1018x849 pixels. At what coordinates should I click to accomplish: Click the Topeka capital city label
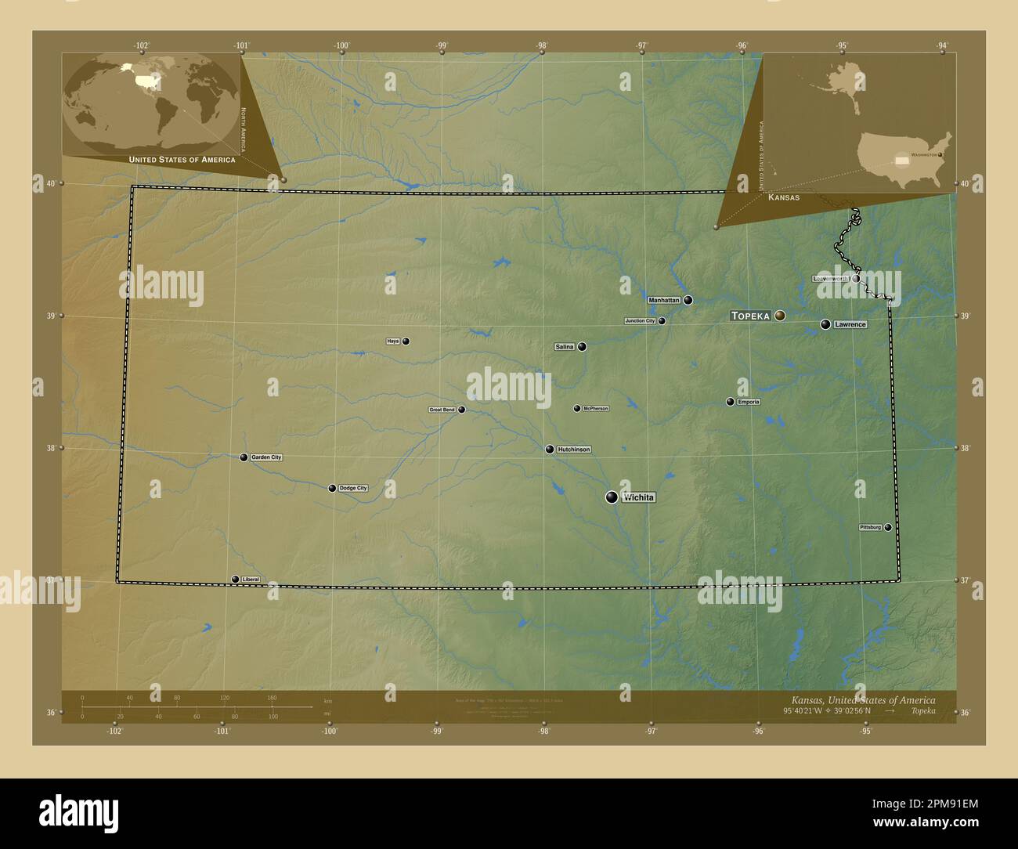750,316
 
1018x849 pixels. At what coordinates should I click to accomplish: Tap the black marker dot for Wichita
612,497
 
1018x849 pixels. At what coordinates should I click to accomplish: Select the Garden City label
266,457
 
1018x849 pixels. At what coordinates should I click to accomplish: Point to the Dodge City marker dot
332,488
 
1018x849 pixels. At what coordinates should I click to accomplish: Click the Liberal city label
251,580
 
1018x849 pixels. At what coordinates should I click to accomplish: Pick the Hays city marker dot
406,341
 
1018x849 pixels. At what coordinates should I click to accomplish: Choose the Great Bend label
442,410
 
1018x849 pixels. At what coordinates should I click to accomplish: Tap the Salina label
565,346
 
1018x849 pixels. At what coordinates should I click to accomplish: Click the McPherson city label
595,408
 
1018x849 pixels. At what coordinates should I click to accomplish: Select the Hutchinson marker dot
550,449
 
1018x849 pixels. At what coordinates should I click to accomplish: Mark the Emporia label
749,402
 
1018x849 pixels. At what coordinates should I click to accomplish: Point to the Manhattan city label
664,300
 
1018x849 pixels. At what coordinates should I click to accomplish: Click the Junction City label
640,321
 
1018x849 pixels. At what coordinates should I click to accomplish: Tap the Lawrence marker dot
825,324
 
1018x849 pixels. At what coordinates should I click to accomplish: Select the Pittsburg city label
871,528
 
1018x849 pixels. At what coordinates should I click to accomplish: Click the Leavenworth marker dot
856,278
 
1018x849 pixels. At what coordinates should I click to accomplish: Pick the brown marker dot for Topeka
780,316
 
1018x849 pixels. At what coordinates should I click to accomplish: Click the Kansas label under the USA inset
784,197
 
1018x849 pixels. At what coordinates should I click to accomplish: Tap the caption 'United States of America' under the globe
182,160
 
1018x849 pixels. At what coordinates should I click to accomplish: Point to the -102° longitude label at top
142,46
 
